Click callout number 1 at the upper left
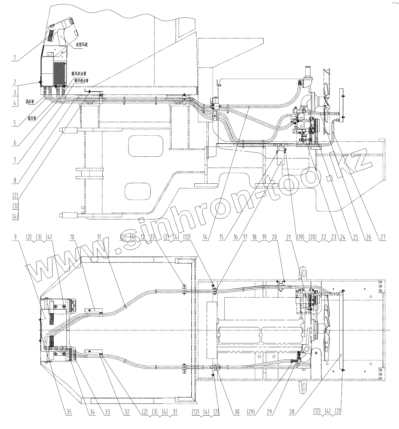tap(15, 56)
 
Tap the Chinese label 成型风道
tap(82, 45)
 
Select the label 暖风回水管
tap(79, 73)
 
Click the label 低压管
tap(30, 101)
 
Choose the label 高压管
tap(32, 118)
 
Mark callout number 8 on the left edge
tap(15, 180)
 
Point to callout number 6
tap(15, 142)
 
